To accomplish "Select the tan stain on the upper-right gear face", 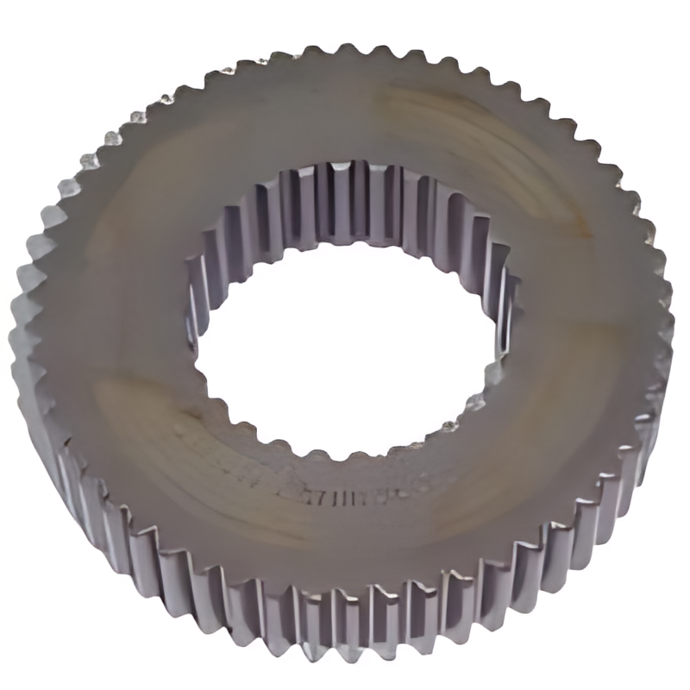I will click(x=448, y=129).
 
